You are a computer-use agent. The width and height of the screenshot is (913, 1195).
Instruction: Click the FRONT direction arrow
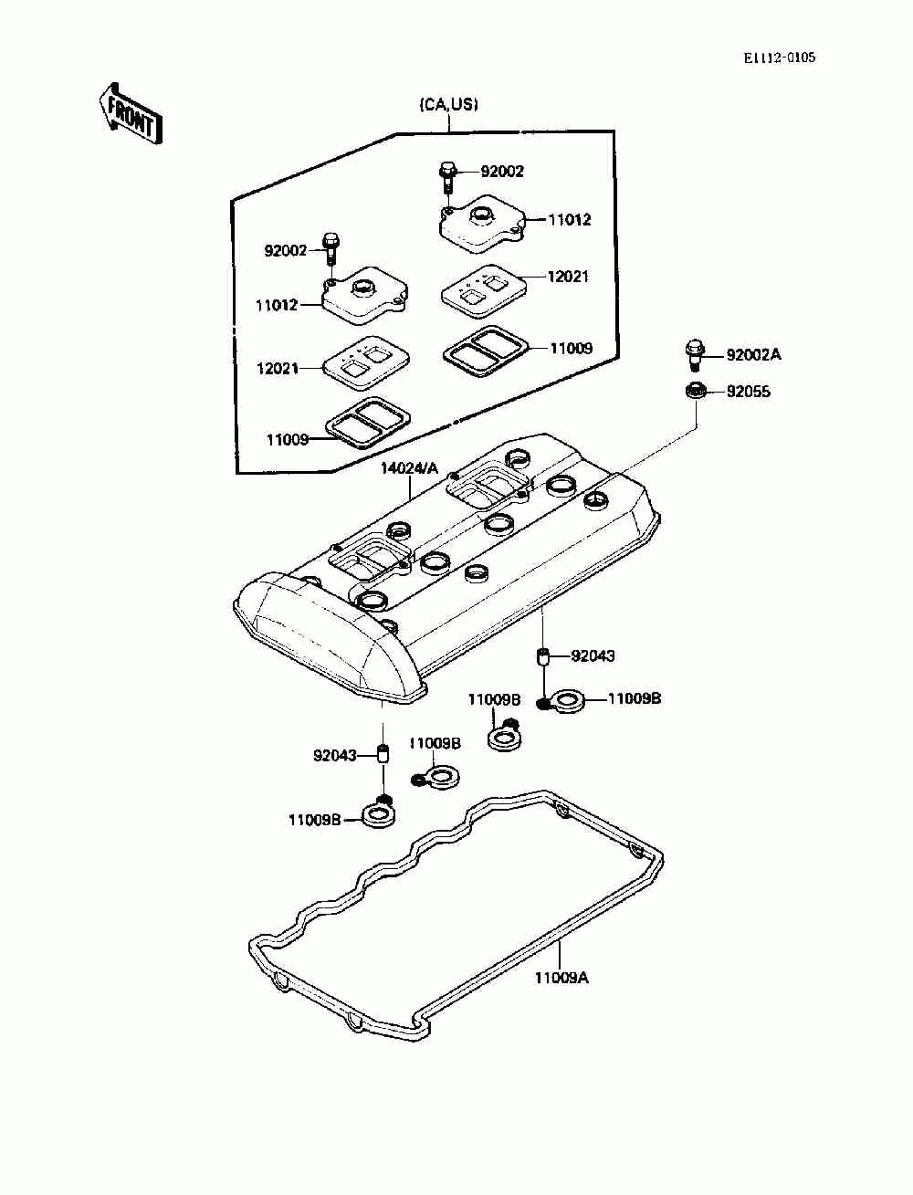coord(131,113)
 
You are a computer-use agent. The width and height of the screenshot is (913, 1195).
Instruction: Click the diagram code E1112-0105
coord(779,58)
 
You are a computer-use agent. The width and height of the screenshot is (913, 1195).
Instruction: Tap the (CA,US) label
coord(448,105)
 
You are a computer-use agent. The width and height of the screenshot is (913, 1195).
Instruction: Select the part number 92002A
coord(753,355)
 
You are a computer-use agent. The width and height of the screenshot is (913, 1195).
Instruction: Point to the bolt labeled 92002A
coord(694,354)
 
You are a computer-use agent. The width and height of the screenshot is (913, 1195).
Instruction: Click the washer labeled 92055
coord(695,390)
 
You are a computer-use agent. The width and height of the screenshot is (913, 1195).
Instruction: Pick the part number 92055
coord(748,392)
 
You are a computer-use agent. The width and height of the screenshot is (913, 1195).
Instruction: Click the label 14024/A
coord(409,468)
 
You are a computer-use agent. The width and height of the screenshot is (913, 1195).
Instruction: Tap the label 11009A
coord(561,978)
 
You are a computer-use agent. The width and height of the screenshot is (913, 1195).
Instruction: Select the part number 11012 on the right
coord(569,220)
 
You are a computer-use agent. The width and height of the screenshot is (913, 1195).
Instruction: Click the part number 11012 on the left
coord(278,305)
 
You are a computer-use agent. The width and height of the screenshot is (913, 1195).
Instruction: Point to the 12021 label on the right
coord(568,277)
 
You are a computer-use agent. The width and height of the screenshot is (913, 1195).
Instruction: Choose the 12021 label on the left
coord(278,369)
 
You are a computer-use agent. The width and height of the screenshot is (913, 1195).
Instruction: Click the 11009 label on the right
coord(571,348)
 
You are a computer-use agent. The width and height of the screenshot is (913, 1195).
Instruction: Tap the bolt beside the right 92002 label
coord(446,176)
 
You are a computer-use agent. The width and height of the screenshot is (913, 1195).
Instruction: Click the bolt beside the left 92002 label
coord(331,248)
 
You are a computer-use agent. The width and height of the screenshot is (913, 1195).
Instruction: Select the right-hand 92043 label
coord(593,656)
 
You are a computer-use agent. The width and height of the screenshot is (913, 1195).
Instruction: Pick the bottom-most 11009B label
coord(315,820)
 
